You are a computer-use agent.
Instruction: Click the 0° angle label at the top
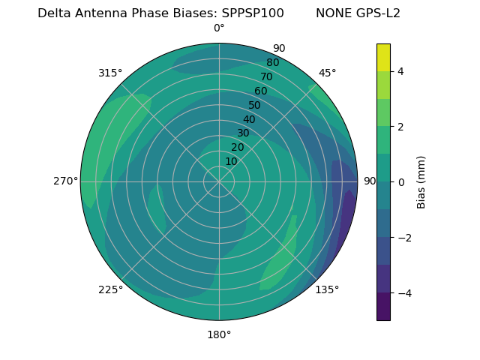tap(219, 28)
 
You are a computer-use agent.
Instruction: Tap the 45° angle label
tap(327, 73)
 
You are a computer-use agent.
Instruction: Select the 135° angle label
tap(327, 289)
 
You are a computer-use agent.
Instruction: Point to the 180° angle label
tap(219, 334)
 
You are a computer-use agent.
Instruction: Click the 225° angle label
tap(110, 289)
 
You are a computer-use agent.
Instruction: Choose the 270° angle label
tap(65, 181)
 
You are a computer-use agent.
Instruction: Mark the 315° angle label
tap(110, 73)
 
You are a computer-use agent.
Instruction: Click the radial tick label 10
tap(231, 161)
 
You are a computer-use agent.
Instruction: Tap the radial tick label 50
tap(254, 106)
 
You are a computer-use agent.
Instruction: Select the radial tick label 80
tap(272, 63)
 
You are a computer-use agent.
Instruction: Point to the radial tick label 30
tap(243, 133)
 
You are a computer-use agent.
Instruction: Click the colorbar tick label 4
tap(400, 71)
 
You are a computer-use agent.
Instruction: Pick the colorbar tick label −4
tap(403, 293)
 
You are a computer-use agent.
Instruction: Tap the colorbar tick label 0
tap(400, 182)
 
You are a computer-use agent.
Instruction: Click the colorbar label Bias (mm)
tap(421, 182)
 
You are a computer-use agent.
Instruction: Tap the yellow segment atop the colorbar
tap(383, 57)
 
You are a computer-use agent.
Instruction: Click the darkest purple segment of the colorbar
tap(383, 307)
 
